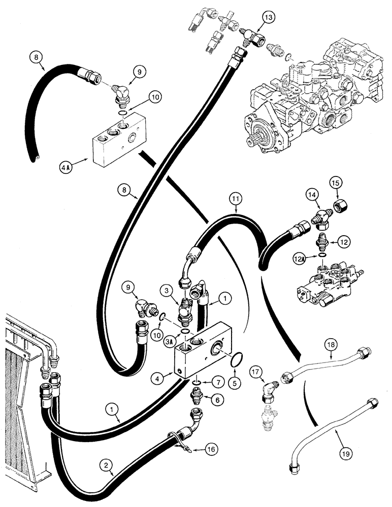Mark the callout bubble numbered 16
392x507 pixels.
(x=213, y=449)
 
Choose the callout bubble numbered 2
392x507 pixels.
(x=105, y=464)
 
